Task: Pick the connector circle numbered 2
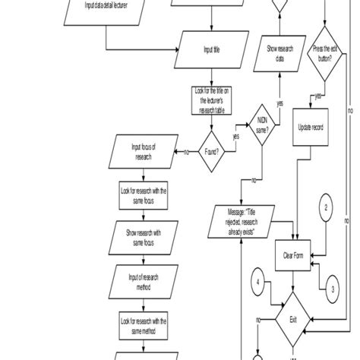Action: pyautogui.click(x=326, y=207)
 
